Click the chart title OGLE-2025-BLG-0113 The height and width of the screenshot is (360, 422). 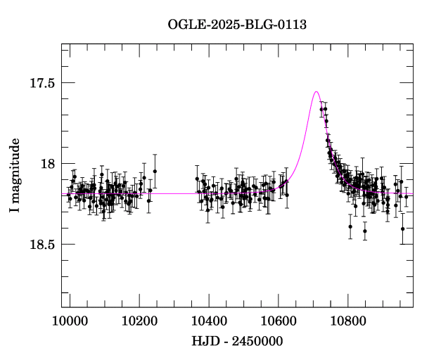(237, 25)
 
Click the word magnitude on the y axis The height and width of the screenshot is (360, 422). (15, 169)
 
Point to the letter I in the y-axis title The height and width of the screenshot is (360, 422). (15, 211)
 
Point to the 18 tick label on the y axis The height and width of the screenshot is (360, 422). (48, 164)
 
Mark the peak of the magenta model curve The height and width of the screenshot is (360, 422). (316, 91)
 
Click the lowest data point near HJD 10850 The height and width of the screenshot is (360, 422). (365, 231)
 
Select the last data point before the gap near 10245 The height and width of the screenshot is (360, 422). (155, 171)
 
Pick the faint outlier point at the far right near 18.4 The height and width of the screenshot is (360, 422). (402, 229)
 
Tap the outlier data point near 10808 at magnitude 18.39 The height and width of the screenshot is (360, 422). (350, 226)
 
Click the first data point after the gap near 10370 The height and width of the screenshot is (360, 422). (197, 179)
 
